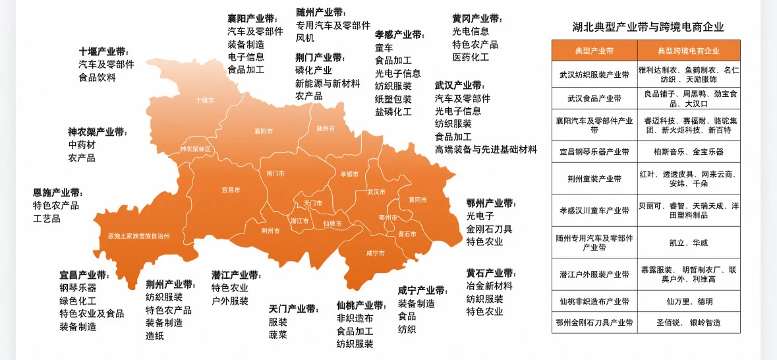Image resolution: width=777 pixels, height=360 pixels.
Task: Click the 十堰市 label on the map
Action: pyautogui.click(x=205, y=100)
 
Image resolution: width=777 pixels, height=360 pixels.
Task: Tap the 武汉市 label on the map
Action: pyautogui.click(x=376, y=192)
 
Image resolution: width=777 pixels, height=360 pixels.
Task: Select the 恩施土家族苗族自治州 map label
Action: pyautogui.click(x=139, y=235)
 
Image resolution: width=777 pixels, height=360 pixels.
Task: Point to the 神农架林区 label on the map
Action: pyautogui.click(x=196, y=149)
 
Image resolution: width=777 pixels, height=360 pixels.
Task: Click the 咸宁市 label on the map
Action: pyautogui.click(x=376, y=253)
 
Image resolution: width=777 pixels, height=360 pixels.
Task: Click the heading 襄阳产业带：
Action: pyautogui.click(x=252, y=18)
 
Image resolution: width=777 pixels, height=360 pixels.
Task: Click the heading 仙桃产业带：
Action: pyautogui.click(x=361, y=306)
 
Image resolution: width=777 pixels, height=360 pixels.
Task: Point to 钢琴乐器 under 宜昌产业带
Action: pyautogui.click(x=78, y=287)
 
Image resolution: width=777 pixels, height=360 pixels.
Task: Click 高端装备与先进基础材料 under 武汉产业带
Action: pyautogui.click(x=486, y=149)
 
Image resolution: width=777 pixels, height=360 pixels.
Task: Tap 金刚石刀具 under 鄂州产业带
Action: pyautogui.click(x=489, y=229)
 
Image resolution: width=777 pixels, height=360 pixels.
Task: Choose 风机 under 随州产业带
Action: pyautogui.click(x=305, y=38)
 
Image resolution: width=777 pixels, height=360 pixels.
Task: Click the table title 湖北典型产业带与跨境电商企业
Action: pyautogui.click(x=648, y=27)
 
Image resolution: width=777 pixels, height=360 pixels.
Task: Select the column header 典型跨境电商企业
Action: pyautogui.click(x=689, y=50)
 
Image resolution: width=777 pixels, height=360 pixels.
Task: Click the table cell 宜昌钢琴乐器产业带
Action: pyautogui.click(x=594, y=152)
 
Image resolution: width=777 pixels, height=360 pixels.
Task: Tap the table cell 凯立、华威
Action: pyautogui.click(x=689, y=243)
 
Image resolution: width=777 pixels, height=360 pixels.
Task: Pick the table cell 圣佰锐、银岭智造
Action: pyautogui.click(x=689, y=323)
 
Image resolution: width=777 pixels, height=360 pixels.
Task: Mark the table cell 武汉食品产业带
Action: pyautogui.click(x=594, y=98)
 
